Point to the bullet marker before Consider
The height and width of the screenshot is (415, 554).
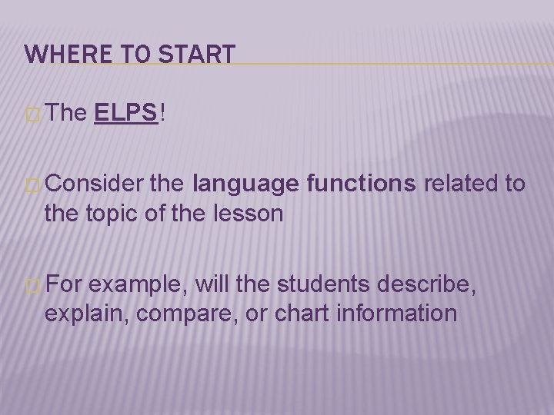(x=32, y=185)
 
